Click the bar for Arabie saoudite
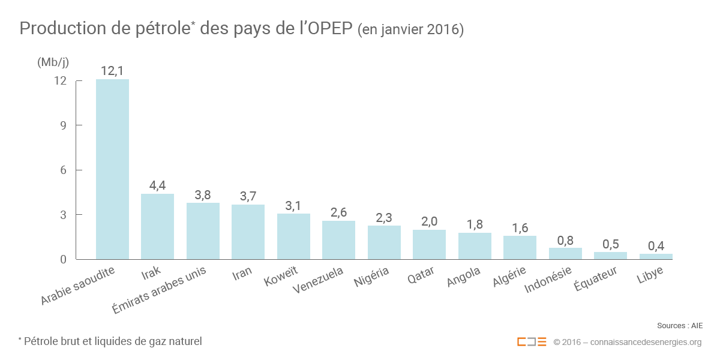coord(112,169)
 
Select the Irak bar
coord(157,226)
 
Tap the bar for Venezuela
coord(338,240)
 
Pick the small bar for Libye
coord(655,256)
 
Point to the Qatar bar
coord(429,244)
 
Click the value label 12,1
coord(112,71)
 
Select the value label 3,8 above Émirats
coord(203,195)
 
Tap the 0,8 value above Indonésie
coord(565,240)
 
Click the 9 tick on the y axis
coord(62,125)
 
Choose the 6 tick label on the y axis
coord(62,170)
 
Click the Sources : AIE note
coord(679,326)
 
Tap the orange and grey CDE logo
coord(532,342)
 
